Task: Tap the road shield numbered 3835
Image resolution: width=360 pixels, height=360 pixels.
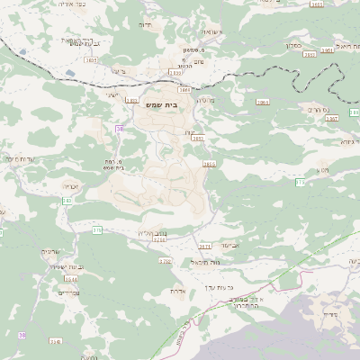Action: tap(91, 60)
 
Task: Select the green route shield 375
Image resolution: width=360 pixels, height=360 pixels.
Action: tap(96, 230)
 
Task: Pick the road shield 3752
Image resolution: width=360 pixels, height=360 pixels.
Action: tap(165, 261)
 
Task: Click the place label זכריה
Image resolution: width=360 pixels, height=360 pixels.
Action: tap(70, 186)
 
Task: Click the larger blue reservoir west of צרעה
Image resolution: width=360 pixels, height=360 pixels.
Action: tap(71, 72)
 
